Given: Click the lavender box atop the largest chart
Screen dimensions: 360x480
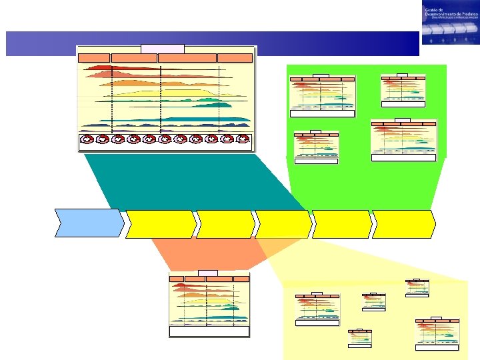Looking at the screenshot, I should (x=162, y=49).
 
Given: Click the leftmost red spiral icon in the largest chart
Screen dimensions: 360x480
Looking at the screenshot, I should (x=87, y=139).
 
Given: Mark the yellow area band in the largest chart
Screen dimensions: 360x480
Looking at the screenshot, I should (x=167, y=92).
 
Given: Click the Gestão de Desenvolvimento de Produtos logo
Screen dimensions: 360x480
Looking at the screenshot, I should (x=449, y=23).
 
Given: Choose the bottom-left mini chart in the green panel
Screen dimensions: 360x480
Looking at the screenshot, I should (x=316, y=146).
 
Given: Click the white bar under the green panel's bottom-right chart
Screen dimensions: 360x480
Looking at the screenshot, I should (x=403, y=157).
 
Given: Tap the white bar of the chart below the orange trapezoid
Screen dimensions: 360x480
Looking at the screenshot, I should (x=209, y=331).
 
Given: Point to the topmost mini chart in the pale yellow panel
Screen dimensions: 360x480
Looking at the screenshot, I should (x=417, y=287).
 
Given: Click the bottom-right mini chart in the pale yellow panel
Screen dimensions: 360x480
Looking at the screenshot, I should (x=437, y=333).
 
